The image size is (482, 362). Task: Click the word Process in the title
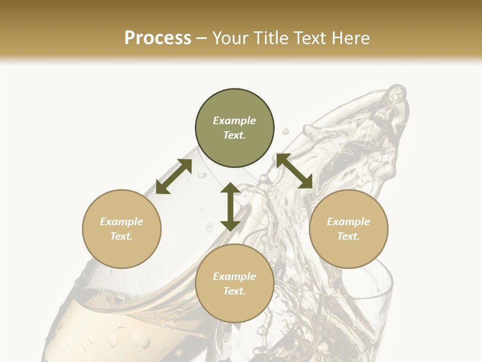(158, 38)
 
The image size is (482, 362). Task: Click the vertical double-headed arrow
(230, 207)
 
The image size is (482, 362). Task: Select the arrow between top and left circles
(174, 176)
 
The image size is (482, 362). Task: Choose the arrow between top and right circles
(294, 171)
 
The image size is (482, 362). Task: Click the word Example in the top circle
(234, 121)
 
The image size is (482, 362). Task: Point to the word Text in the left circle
(122, 236)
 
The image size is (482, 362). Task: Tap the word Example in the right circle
(348, 222)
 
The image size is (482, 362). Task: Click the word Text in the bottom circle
(234, 291)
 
